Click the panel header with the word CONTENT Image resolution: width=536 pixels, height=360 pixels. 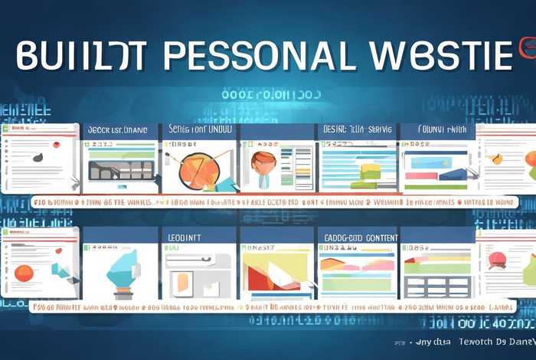(355, 237)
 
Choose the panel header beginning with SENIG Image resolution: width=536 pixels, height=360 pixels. (198, 131)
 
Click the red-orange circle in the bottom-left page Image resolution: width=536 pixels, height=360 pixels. (24, 273)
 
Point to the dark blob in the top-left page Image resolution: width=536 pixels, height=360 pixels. (37, 157)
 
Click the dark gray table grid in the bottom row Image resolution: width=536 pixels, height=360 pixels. (436, 286)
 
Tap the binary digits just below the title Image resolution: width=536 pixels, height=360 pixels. (270, 95)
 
